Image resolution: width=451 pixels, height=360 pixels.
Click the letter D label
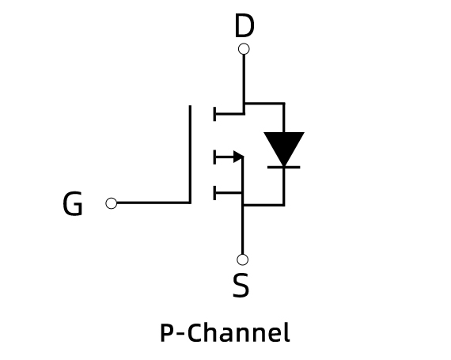pyautogui.click(x=244, y=25)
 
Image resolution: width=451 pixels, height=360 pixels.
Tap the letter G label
pyautogui.click(x=73, y=203)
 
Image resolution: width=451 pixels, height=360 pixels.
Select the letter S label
pyautogui.click(x=241, y=286)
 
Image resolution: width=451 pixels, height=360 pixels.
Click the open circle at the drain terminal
pyautogui.click(x=244, y=49)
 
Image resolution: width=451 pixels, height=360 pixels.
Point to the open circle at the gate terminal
pyautogui.click(x=112, y=203)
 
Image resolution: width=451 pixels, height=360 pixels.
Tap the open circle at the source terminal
pyautogui.click(x=242, y=260)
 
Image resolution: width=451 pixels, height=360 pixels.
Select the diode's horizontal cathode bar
pyautogui.click(x=284, y=167)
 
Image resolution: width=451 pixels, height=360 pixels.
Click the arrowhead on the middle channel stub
pyautogui.click(x=239, y=157)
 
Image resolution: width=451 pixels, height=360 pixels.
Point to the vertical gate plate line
pyautogui.click(x=190, y=154)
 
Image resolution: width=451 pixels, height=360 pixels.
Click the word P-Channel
pyautogui.click(x=225, y=332)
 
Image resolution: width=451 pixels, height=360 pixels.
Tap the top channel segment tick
pyautogui.click(x=214, y=114)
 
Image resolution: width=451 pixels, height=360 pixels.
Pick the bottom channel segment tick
pyautogui.click(x=214, y=192)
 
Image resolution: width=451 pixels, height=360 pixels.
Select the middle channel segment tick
pyautogui.click(x=214, y=157)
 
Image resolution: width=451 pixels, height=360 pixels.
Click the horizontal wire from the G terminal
pyautogui.click(x=153, y=203)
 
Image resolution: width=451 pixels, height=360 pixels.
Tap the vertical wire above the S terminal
pyautogui.click(x=242, y=229)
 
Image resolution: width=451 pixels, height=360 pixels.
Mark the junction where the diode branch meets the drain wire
pyautogui.click(x=244, y=103)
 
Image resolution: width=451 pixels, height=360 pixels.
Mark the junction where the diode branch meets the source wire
pyautogui.click(x=242, y=205)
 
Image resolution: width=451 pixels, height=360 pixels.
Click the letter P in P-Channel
pyautogui.click(x=167, y=333)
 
